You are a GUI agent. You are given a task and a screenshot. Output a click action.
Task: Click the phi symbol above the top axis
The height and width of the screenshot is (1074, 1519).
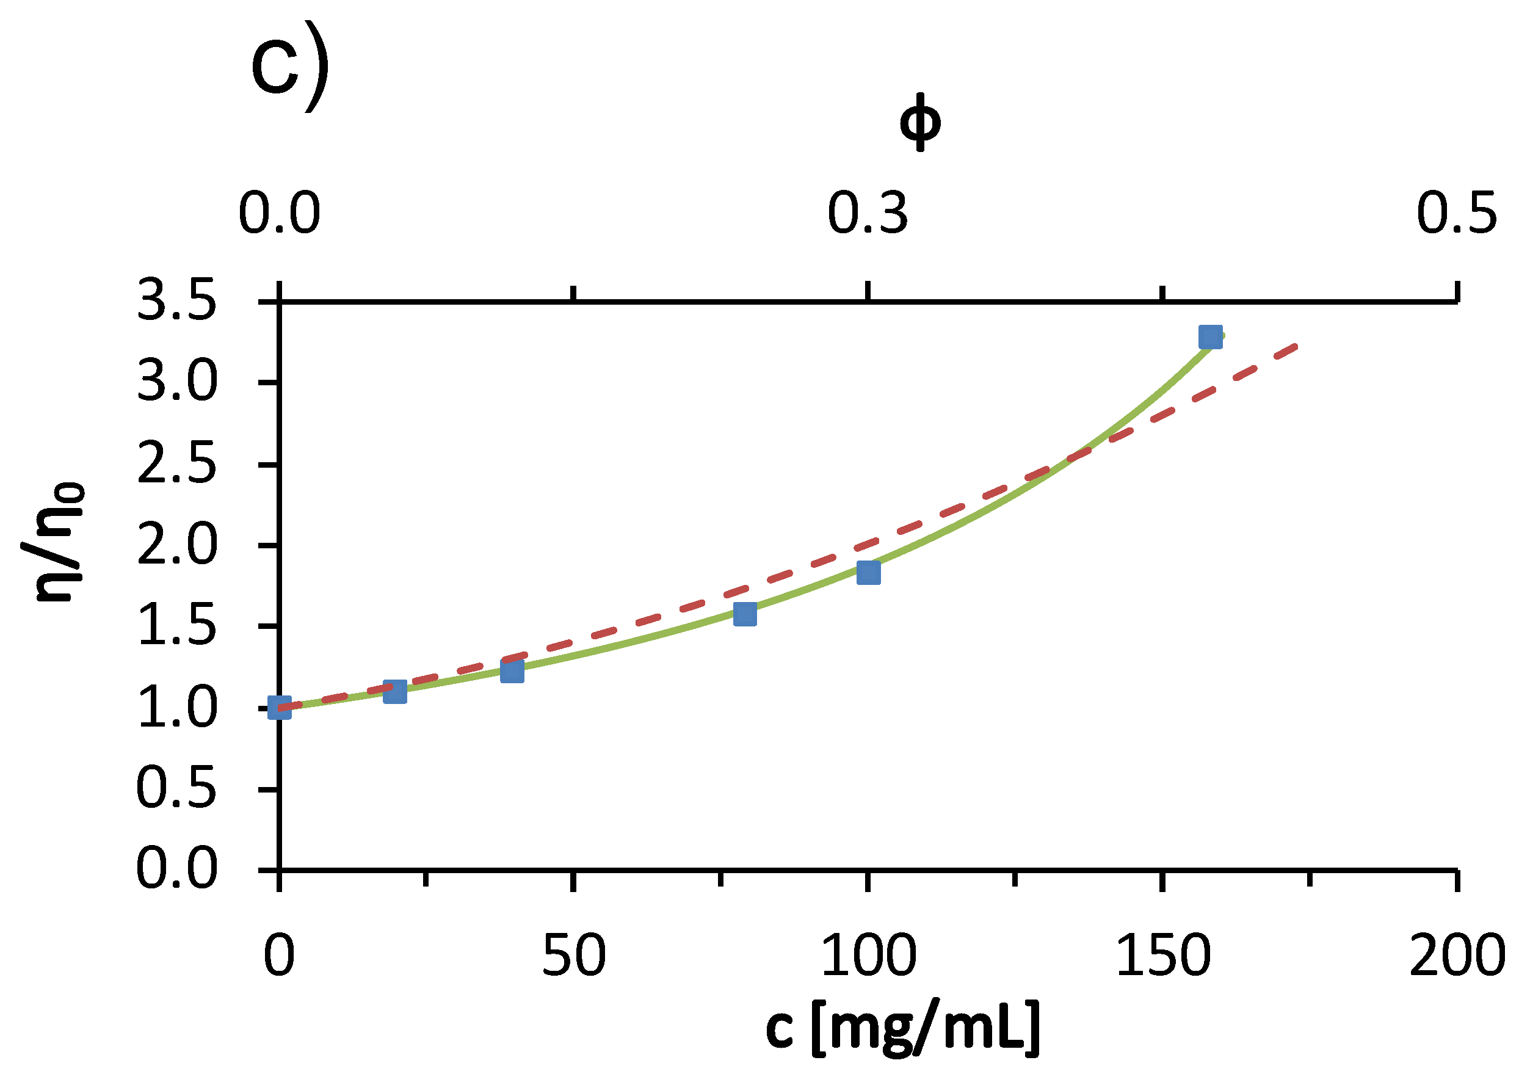pyautogui.click(x=919, y=123)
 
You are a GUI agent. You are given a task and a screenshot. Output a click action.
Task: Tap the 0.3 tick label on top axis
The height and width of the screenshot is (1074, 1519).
pyautogui.click(x=868, y=214)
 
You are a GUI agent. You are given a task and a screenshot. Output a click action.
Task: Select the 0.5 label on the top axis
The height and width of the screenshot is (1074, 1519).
pyautogui.click(x=1456, y=214)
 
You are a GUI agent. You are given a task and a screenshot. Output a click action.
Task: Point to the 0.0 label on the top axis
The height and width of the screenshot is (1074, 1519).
pyautogui.click(x=279, y=214)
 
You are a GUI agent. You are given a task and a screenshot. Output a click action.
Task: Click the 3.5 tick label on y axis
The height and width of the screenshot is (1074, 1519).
pyautogui.click(x=176, y=301)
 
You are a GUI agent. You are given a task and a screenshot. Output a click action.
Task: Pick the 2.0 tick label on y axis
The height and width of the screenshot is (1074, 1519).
pyautogui.click(x=176, y=545)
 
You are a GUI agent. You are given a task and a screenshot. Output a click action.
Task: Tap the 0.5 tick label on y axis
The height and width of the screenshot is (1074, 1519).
pyautogui.click(x=176, y=789)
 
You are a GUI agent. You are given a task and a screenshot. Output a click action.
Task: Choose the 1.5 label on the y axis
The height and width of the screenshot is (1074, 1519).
pyautogui.click(x=176, y=626)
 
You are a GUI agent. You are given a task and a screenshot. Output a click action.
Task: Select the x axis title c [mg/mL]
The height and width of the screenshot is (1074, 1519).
pyautogui.click(x=903, y=1029)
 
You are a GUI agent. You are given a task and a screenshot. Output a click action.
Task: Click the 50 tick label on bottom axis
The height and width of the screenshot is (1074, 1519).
pyautogui.click(x=573, y=957)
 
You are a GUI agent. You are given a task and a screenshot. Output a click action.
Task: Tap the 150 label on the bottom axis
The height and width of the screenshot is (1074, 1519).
pyautogui.click(x=1162, y=957)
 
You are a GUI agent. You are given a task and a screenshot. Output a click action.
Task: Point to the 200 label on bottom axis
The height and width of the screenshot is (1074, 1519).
pyautogui.click(x=1456, y=957)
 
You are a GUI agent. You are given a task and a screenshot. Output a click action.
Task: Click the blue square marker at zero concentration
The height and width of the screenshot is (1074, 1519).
pyautogui.click(x=279, y=708)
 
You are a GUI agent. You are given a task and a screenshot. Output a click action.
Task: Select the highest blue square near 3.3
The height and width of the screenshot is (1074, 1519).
pyautogui.click(x=1210, y=338)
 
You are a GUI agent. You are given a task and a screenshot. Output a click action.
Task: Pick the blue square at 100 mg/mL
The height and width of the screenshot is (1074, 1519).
pyautogui.click(x=868, y=572)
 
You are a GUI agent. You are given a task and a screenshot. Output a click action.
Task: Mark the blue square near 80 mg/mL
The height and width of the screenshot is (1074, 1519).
pyautogui.click(x=745, y=614)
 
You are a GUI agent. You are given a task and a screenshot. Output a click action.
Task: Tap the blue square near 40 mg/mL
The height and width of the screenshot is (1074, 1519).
pyautogui.click(x=512, y=671)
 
